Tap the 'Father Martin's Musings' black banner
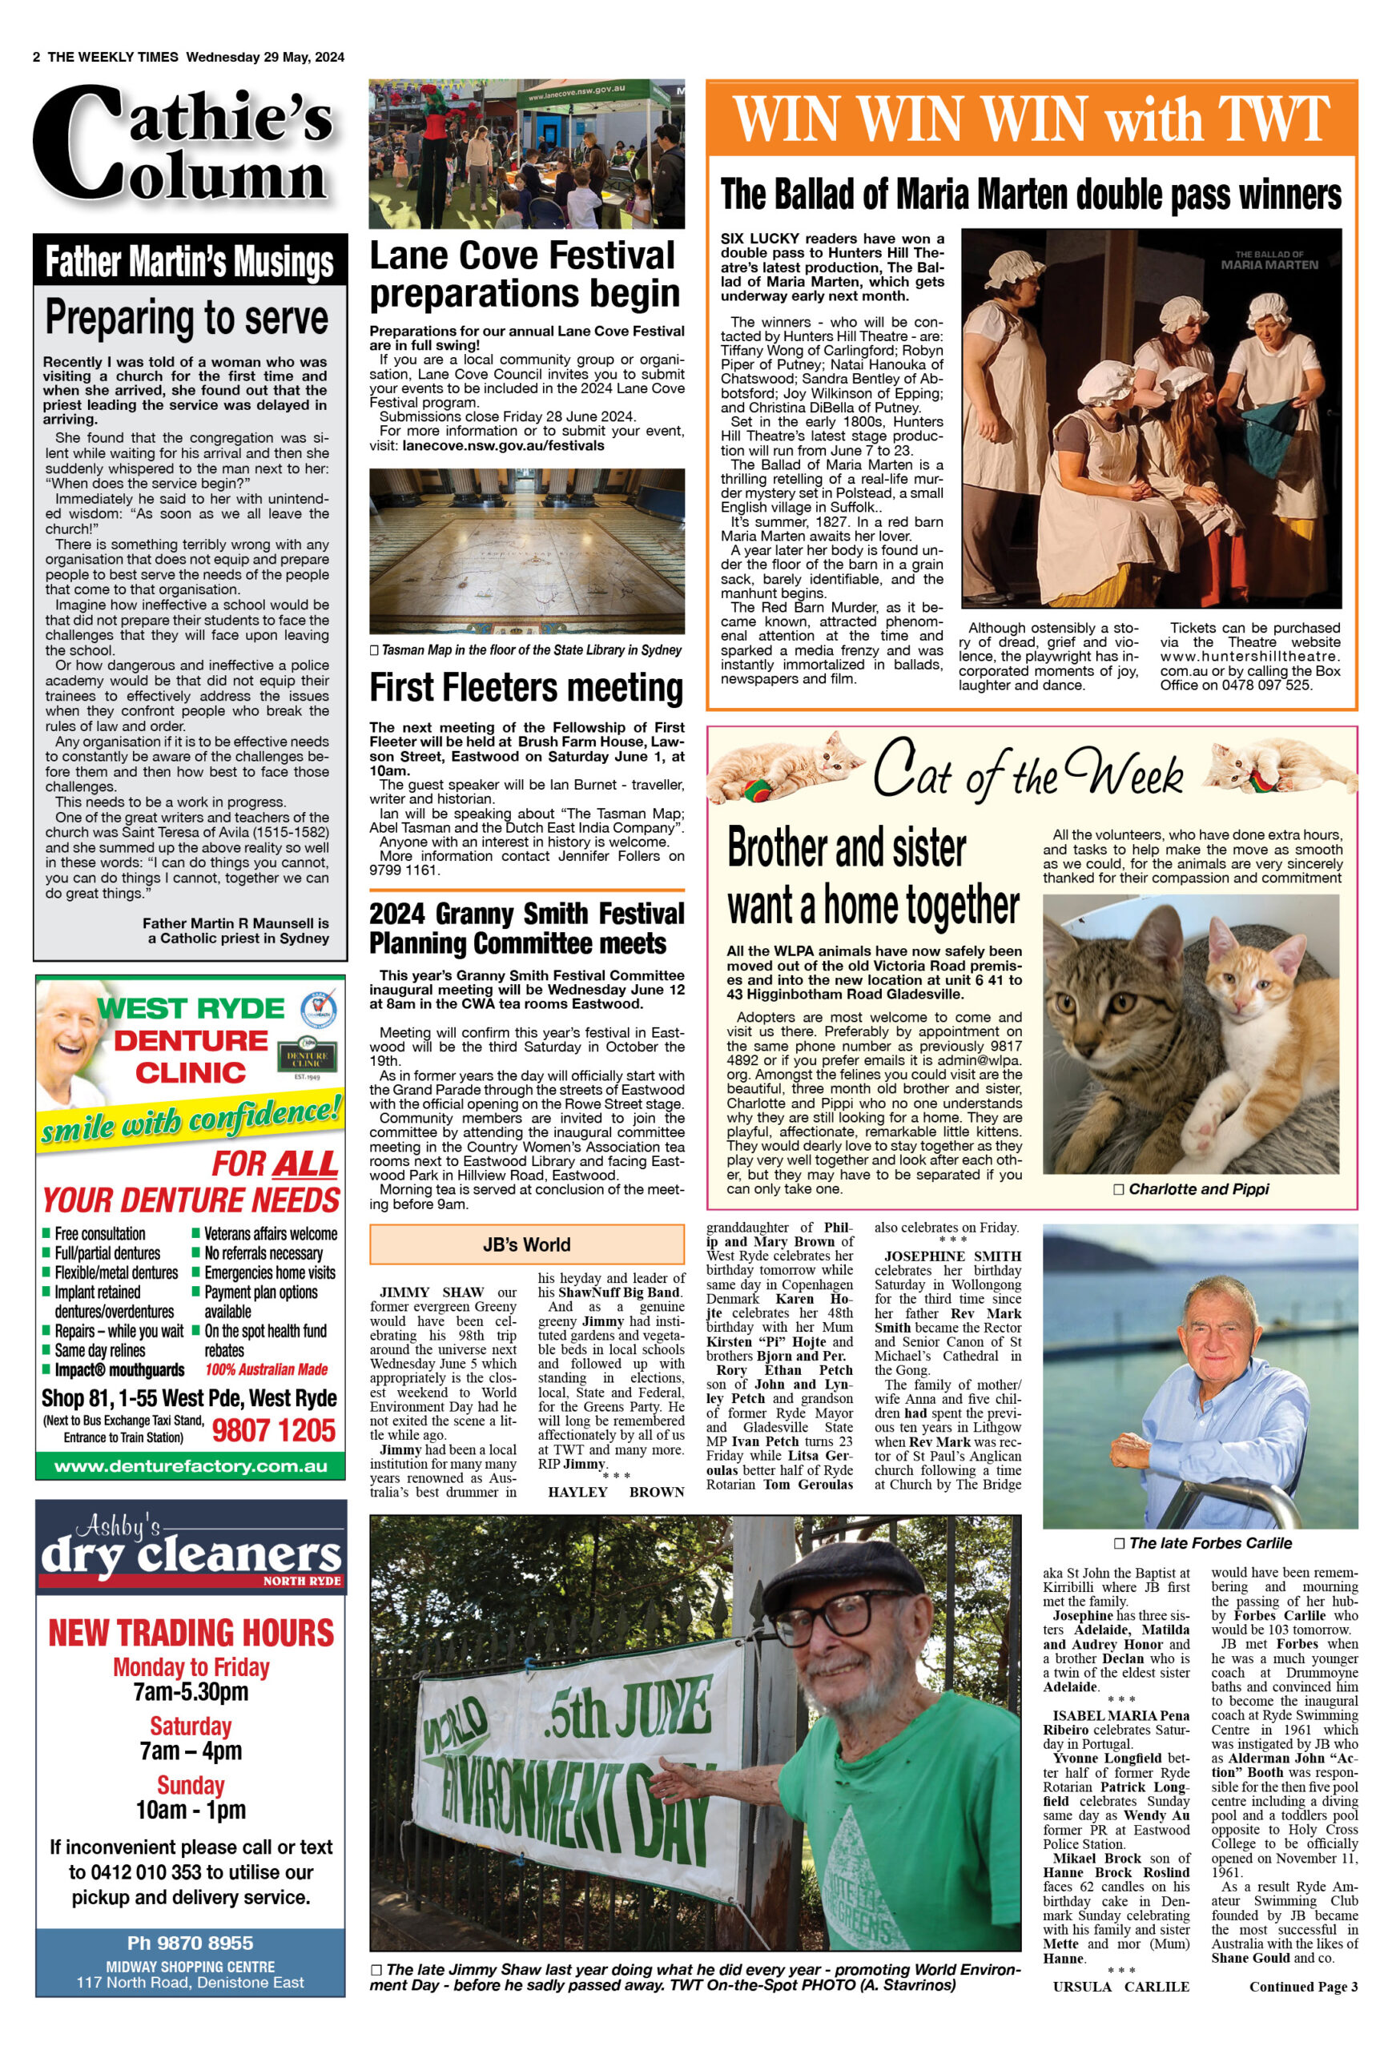pos(190,261)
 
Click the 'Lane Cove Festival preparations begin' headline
pos(525,275)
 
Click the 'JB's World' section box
pos(527,1244)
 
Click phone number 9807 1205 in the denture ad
pos(273,1430)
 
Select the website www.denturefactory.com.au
pos(191,1466)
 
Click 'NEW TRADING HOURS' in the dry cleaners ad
pos(191,1632)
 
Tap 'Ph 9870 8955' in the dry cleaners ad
pos(191,1943)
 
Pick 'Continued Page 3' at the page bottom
pos(1303,1987)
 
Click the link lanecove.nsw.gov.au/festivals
pos(504,445)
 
